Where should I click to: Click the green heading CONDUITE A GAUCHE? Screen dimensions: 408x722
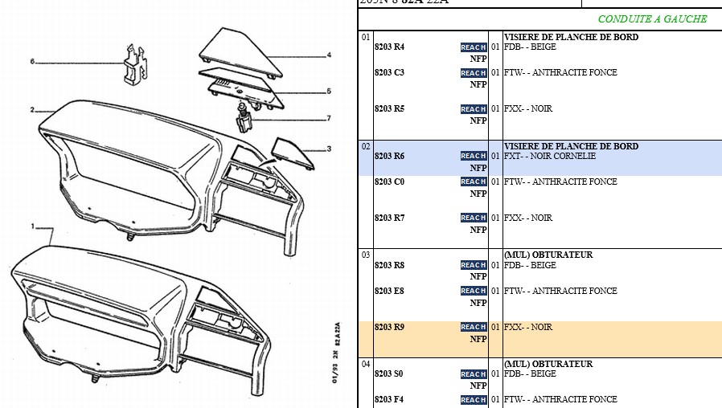pyautogui.click(x=652, y=19)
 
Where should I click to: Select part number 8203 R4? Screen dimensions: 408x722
pyautogui.click(x=389, y=47)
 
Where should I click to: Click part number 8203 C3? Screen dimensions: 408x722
pyautogui.click(x=389, y=73)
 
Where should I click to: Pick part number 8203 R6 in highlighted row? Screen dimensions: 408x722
pyautogui.click(x=389, y=156)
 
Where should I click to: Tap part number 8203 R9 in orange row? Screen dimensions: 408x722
pyautogui.click(x=389, y=328)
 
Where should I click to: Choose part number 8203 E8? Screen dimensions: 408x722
pyautogui.click(x=389, y=291)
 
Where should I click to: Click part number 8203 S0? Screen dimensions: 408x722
pyautogui.click(x=389, y=374)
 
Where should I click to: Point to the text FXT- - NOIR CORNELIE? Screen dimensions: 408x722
pyautogui.click(x=550, y=156)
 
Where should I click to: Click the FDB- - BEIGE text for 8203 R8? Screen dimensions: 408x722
pyautogui.click(x=530, y=265)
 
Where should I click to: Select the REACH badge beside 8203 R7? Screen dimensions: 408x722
pyautogui.click(x=474, y=218)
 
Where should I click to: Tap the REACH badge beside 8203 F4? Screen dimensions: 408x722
pyautogui.click(x=474, y=400)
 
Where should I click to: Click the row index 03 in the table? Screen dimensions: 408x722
pyautogui.click(x=366, y=255)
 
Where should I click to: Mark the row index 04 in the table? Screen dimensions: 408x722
pyautogui.click(x=366, y=364)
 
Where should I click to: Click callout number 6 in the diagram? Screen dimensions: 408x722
pyautogui.click(x=32, y=62)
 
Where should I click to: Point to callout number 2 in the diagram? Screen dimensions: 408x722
pyautogui.click(x=32, y=110)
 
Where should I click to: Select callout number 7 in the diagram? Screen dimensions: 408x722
pyautogui.click(x=328, y=119)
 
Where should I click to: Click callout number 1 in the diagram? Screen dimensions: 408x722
pyautogui.click(x=32, y=226)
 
